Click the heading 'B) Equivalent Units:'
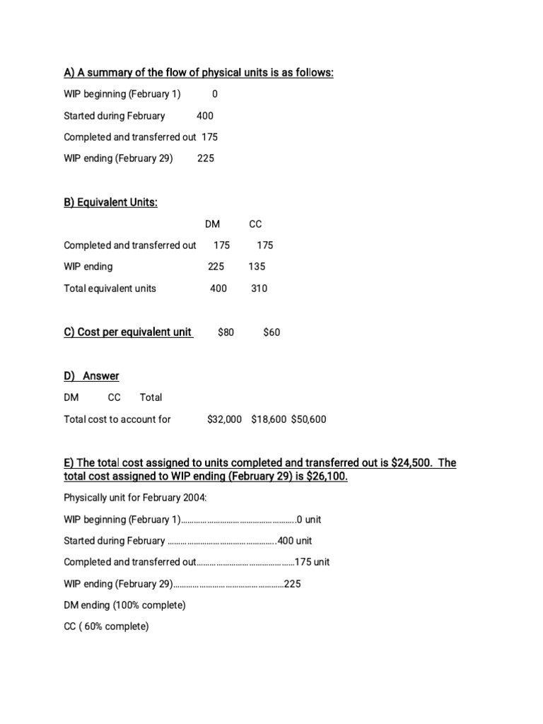pyautogui.click(x=110, y=203)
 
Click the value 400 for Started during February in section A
pyautogui.click(x=204, y=116)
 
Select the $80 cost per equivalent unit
pyautogui.click(x=226, y=332)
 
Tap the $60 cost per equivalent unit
pyautogui.click(x=271, y=332)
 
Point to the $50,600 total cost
pyautogui.click(x=308, y=419)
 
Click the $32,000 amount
pyautogui.click(x=224, y=419)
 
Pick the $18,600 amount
pyautogui.click(x=269, y=419)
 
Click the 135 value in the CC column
pyautogui.click(x=257, y=267)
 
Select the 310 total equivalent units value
pyautogui.click(x=259, y=288)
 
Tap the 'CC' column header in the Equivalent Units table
pyautogui.click(x=255, y=224)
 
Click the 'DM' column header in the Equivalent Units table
pyautogui.click(x=212, y=224)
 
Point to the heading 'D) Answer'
pyautogui.click(x=91, y=376)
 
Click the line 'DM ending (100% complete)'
pyautogui.click(x=124, y=605)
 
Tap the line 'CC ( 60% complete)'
pyautogui.click(x=106, y=626)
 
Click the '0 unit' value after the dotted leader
pyautogui.click(x=309, y=520)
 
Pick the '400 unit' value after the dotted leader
pyautogui.click(x=295, y=541)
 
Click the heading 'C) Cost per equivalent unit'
pyautogui.click(x=128, y=332)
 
